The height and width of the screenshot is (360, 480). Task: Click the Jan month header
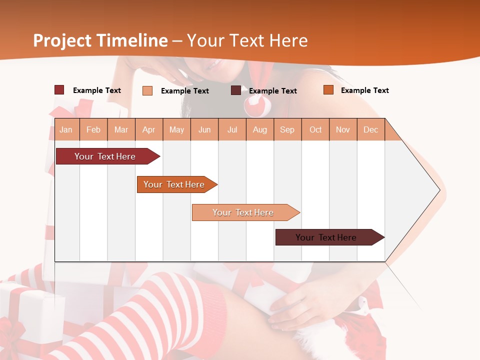(x=66, y=129)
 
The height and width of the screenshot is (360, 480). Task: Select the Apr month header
(x=149, y=129)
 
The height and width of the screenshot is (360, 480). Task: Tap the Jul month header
(x=232, y=129)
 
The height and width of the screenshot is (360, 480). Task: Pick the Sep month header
(x=287, y=129)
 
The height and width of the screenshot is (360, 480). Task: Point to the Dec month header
(x=370, y=129)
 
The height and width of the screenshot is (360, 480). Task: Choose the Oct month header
(x=315, y=129)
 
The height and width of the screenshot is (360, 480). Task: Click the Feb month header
(x=93, y=129)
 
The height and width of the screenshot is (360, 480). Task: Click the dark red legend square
(x=59, y=90)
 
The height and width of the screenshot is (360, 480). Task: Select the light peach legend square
(x=147, y=90)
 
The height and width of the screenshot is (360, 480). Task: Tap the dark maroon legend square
(x=236, y=90)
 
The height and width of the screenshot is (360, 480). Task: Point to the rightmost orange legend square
(x=328, y=90)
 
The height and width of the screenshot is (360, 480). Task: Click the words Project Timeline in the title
(x=100, y=40)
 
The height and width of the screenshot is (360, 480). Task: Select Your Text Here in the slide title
(x=247, y=40)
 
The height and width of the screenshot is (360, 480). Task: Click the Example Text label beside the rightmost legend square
(x=364, y=90)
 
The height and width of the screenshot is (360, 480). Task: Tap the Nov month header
(x=343, y=129)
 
